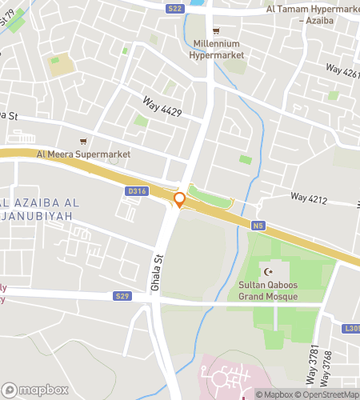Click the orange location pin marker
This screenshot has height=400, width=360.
pos(180,200)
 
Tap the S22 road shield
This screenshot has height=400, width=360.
pos(176,9)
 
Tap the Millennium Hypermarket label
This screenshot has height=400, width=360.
pos(216,50)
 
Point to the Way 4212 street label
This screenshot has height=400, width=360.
pos(310,196)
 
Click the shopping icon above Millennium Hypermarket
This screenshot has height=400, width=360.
pos(216,30)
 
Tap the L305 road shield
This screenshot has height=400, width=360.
pos(352,328)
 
